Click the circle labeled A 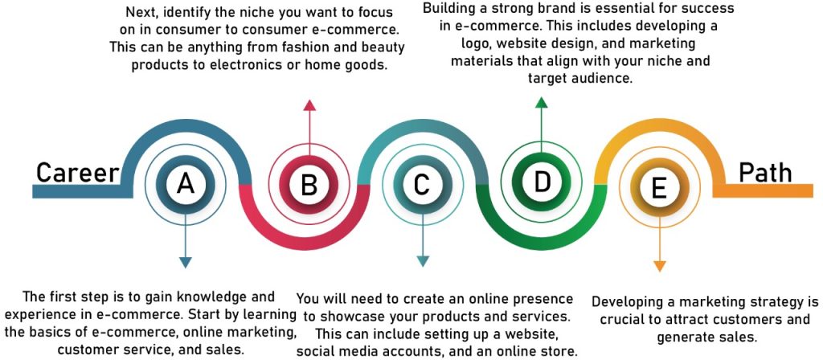(186, 184)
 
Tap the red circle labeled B (309, 185)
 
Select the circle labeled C (423, 184)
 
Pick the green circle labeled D (541, 181)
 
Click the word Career (78, 173)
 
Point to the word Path (765, 172)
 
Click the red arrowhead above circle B (309, 105)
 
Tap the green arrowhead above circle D (541, 102)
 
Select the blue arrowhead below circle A (186, 263)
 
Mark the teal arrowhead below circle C (423, 261)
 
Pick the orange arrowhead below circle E (660, 265)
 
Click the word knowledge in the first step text (209, 297)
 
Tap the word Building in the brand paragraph (448, 9)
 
